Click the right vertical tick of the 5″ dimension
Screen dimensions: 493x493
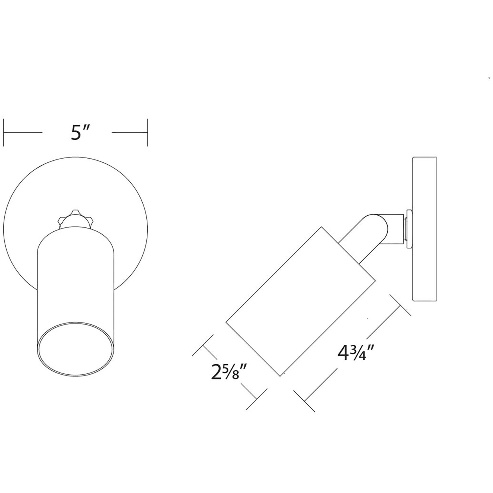[x=147, y=133]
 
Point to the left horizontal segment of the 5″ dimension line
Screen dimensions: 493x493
[x=23, y=133]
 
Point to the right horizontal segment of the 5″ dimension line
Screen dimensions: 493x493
[x=130, y=133]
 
